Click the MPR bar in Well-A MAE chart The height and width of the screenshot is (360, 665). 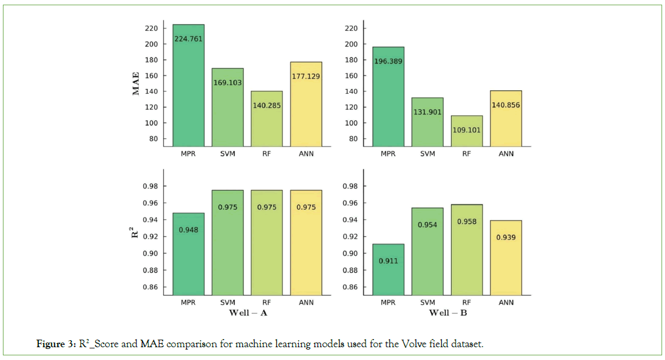188,87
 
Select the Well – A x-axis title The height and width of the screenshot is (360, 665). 247,313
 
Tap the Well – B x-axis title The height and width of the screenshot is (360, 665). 447,313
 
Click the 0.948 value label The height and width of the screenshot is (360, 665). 188,230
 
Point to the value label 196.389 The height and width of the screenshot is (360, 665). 388,61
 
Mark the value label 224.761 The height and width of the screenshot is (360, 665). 188,40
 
